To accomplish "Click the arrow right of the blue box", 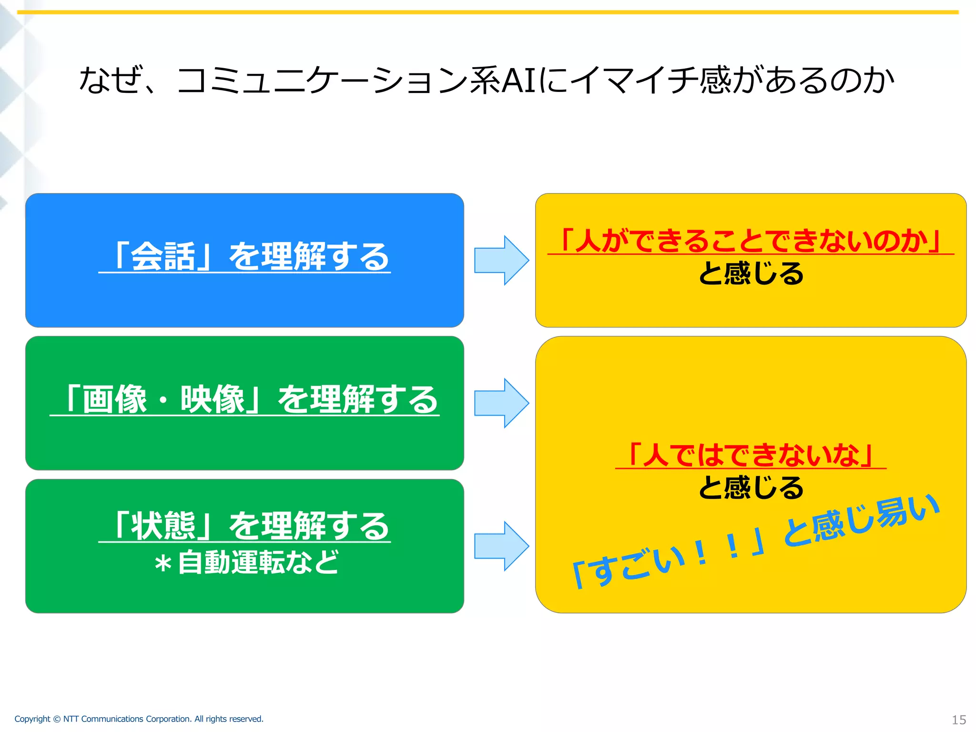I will [501, 260].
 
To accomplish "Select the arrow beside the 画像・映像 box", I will [501, 403].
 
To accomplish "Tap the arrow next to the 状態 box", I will [501, 546].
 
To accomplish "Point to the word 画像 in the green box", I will [114, 399].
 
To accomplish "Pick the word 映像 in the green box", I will [213, 399].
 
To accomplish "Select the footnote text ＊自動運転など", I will [246, 562].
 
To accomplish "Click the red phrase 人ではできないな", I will [751, 455].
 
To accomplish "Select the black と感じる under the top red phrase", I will [751, 274].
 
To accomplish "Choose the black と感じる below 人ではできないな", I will [751, 488].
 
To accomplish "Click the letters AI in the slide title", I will [519, 80].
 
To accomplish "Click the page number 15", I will [958, 720].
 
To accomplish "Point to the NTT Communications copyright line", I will [139, 719].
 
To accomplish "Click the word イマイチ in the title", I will [634, 80].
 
